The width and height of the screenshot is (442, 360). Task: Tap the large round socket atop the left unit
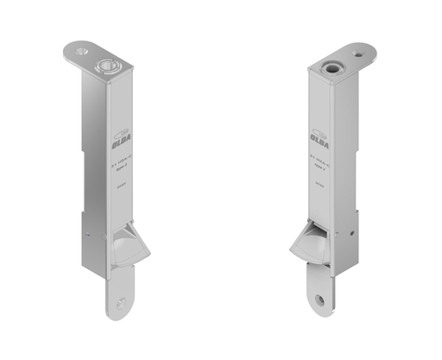pos(107,64)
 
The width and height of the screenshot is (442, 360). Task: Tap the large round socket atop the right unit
pos(331,65)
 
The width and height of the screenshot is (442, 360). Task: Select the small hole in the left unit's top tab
pos(81,52)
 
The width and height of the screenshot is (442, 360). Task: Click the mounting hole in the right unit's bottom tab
pos(322,300)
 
